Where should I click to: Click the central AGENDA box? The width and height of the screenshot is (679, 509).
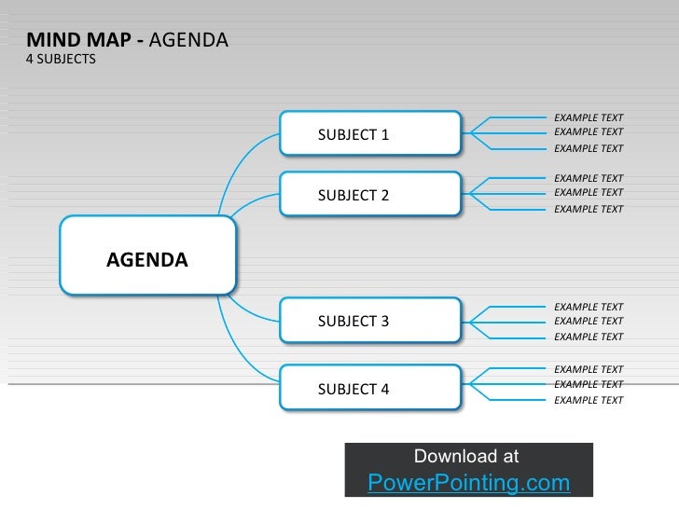(x=147, y=259)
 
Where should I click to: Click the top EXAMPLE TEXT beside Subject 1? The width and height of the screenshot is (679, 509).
(x=589, y=118)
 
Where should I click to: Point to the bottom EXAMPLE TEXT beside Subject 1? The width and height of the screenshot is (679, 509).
(x=589, y=148)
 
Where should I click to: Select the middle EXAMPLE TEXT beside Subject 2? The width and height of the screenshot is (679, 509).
(x=589, y=192)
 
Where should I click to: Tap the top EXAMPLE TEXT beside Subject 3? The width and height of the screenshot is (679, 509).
(x=589, y=307)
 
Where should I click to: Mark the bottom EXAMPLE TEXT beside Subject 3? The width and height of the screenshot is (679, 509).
(x=589, y=337)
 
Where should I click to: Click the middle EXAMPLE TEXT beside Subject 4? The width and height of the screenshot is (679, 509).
(x=589, y=384)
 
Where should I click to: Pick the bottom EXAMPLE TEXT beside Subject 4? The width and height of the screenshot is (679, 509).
(x=589, y=400)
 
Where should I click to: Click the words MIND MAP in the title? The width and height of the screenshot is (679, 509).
(x=78, y=40)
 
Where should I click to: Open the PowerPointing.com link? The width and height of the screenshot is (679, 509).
(x=468, y=482)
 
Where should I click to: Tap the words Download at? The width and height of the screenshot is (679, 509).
(x=466, y=456)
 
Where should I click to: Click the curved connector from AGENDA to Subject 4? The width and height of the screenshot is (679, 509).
(x=238, y=346)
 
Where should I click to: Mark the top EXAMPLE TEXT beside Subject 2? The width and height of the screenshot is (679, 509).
(x=589, y=178)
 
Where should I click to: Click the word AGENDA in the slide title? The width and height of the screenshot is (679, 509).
(x=187, y=40)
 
